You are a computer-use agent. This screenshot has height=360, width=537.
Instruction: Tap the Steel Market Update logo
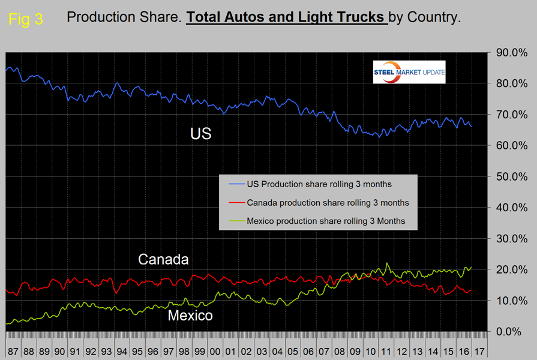click(x=407, y=72)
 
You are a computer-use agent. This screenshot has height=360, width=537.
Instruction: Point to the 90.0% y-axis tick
click(x=510, y=53)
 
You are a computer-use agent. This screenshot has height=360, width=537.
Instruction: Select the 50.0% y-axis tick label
click(x=510, y=176)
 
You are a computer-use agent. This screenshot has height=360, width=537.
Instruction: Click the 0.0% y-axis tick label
click(x=512, y=331)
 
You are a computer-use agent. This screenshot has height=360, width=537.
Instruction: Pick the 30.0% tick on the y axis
click(x=510, y=239)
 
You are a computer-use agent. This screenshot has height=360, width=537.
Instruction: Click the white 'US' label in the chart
click(x=201, y=133)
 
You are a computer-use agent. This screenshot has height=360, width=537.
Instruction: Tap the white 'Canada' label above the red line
click(x=163, y=260)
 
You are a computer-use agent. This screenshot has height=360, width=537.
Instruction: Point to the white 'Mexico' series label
click(x=190, y=315)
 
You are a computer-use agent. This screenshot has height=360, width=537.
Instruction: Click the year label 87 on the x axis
click(x=13, y=349)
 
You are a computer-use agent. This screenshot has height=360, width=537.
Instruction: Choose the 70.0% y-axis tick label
click(x=510, y=115)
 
